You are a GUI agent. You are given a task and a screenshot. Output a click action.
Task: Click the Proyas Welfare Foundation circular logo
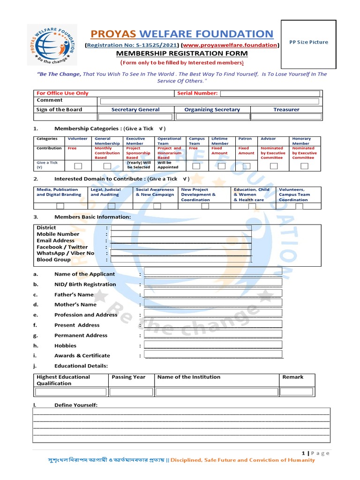[x=52, y=45]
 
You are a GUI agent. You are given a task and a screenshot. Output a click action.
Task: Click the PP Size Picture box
[x=308, y=42]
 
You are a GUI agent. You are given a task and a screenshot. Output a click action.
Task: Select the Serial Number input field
[x=270, y=93]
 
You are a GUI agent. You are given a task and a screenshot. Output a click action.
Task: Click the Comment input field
[x=209, y=101]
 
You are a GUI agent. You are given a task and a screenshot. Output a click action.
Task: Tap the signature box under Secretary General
[x=135, y=117]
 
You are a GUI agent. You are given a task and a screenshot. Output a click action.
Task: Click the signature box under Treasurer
[x=286, y=117]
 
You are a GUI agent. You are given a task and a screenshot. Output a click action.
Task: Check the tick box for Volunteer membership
[x=78, y=166]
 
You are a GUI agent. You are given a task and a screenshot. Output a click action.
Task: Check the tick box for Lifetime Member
[x=221, y=166]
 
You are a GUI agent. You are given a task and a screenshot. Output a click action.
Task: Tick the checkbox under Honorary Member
[x=304, y=166]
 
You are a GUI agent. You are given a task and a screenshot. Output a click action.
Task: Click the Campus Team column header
[x=197, y=141]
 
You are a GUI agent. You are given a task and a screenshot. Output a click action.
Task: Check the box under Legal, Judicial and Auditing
[x=111, y=206]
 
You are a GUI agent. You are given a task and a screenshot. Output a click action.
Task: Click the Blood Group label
[x=53, y=260]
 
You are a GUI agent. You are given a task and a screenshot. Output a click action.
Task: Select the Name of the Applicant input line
[x=213, y=271]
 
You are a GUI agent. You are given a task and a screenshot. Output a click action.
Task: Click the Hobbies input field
[x=213, y=345]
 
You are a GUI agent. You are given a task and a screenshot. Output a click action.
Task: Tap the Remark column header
[x=292, y=377]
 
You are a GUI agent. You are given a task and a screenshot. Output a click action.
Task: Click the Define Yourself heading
[x=76, y=405]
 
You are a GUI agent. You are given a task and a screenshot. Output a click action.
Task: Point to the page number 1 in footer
[x=303, y=453]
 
